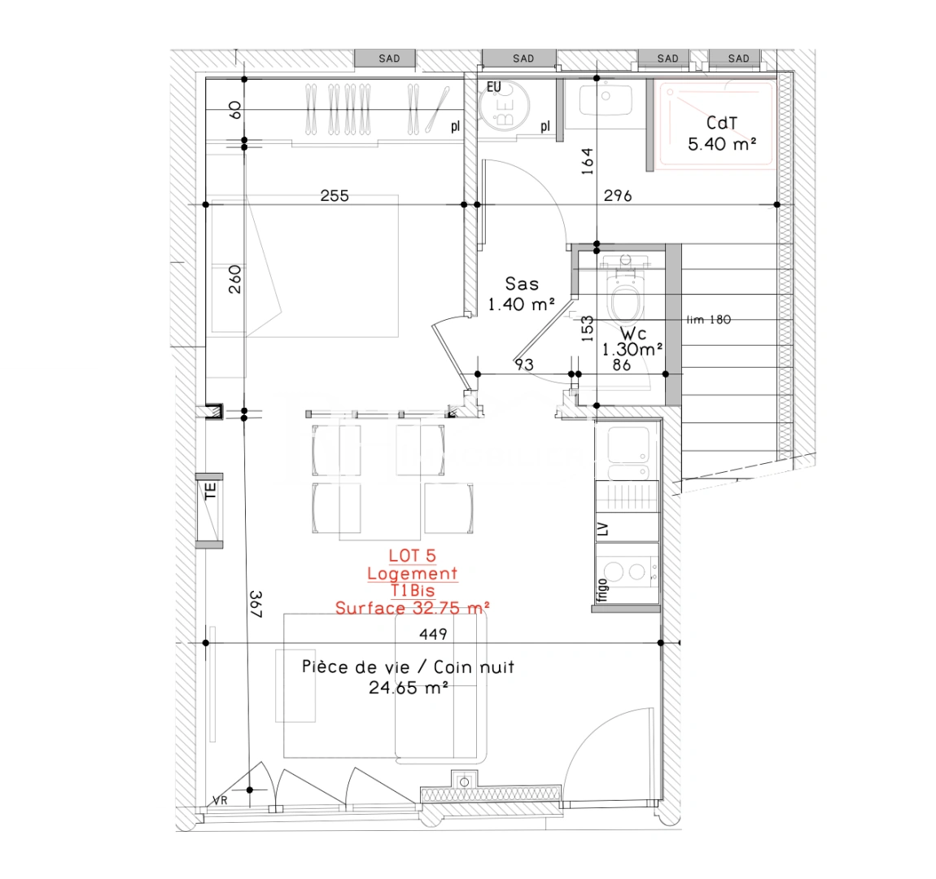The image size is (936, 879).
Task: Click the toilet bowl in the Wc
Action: coord(625,301)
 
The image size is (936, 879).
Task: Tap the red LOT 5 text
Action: coord(412,556)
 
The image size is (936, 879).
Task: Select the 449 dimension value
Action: coord(433,634)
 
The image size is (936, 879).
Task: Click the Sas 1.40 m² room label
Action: coord(521,294)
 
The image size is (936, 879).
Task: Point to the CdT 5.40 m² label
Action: coord(722,133)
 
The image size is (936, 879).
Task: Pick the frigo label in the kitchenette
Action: coord(602,589)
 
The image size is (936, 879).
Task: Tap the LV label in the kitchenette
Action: coord(603,530)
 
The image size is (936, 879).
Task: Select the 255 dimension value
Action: coord(335,195)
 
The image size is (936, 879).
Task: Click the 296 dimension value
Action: coord(618,195)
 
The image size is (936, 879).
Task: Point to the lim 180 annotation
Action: coord(708,320)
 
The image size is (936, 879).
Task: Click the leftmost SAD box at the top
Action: coord(389,59)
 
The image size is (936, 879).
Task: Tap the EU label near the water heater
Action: coord(493,87)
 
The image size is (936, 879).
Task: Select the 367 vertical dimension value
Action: coord(255,605)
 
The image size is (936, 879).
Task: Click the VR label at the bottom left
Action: coord(220,801)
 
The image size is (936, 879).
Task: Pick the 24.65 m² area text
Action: coord(409,688)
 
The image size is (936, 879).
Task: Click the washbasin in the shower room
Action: coord(606,101)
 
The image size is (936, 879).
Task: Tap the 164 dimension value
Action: coord(588,161)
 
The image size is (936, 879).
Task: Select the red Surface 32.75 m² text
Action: coord(412,608)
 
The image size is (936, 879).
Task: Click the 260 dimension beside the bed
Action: coord(234,279)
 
